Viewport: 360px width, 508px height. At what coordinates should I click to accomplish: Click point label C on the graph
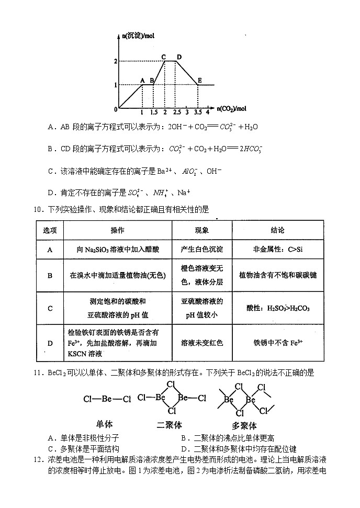tap(164, 57)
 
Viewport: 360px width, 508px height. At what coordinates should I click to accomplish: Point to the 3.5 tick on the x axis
tap(197, 112)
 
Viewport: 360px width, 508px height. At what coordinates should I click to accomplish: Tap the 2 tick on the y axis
tap(116, 62)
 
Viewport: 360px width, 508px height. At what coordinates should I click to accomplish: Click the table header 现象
tap(202, 230)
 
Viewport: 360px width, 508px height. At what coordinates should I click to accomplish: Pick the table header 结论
tap(278, 230)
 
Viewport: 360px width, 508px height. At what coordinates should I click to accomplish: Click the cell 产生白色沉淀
tap(202, 250)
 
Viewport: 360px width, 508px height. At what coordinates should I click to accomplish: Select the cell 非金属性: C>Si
tap(278, 250)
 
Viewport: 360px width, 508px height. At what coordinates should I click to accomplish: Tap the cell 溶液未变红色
tap(202, 343)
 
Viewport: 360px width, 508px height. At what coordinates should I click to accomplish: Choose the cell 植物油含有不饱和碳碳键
tap(278, 275)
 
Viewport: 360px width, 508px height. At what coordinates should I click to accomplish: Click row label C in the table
tap(50, 308)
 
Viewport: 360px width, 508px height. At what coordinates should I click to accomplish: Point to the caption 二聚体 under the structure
tap(170, 425)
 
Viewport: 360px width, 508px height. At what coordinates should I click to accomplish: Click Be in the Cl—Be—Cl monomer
tap(107, 399)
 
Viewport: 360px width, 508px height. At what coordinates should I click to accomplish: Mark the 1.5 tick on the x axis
tap(153, 112)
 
